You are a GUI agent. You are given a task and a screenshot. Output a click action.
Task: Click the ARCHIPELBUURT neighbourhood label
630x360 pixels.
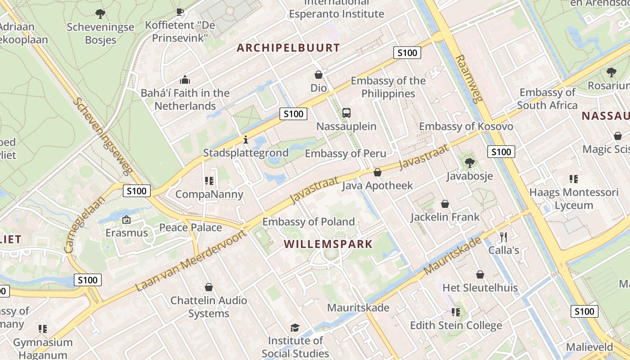[288, 48]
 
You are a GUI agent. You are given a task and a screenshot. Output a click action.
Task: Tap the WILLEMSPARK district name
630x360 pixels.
[328, 244]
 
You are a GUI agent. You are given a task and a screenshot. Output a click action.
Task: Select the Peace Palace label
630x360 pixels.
[190, 227]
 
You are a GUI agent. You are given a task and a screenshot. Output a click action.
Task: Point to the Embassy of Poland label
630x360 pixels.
[308, 221]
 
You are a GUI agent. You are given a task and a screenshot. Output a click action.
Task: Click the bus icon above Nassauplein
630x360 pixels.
[346, 113]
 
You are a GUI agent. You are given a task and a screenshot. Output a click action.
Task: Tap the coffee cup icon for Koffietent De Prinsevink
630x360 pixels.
[180, 12]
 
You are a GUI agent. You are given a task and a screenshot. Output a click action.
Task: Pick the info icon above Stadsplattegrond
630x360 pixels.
[245, 140]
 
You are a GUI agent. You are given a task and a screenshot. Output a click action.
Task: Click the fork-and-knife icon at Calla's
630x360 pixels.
[504, 237]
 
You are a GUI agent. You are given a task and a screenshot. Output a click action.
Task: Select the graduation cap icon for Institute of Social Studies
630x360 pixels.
[295, 327]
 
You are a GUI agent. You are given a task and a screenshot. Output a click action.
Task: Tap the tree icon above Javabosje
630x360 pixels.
[470, 163]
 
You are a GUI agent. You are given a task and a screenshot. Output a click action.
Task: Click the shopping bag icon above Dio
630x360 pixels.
[319, 75]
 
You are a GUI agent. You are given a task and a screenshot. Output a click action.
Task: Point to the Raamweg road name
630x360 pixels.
[468, 79]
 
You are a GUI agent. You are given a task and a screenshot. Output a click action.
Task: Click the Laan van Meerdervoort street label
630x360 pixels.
[192, 260]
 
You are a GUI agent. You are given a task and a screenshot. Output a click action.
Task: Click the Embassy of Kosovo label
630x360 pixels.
[466, 126]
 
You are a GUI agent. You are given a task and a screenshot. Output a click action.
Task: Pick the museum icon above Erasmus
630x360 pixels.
[126, 220]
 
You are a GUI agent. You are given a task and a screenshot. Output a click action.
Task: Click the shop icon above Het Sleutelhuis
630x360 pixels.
[480, 274]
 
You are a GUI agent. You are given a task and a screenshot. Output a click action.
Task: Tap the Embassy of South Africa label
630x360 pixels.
[547, 99]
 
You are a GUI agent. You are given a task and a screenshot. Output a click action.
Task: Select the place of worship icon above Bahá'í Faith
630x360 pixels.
[185, 80]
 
